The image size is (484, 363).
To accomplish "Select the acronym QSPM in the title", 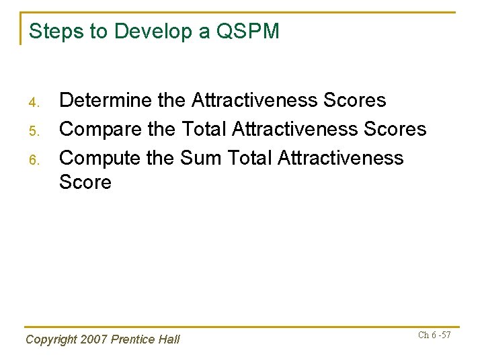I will [249, 31].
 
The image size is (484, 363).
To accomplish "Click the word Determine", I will [106, 101].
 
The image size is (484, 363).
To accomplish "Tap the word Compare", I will [101, 129].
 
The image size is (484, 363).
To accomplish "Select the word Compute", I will [101, 158].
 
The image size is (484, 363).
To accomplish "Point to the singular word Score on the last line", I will [85, 182].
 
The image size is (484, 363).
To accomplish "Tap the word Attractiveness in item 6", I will [340, 158].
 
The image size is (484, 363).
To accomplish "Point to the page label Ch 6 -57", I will [434, 335].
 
